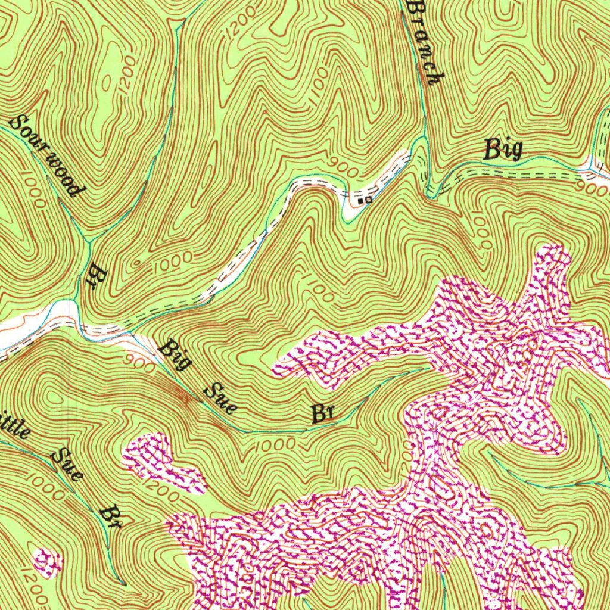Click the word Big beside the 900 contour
503,149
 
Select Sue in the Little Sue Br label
67,465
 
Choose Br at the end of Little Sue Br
111,517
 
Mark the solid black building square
361,201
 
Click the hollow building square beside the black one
368,200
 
